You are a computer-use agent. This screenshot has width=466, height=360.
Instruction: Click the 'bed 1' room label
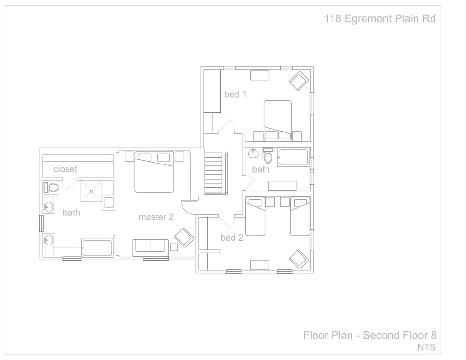pyautogui.click(x=235, y=94)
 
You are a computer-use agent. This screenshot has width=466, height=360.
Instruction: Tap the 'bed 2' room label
pyautogui.click(x=232, y=237)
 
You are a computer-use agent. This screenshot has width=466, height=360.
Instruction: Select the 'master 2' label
pyautogui.click(x=156, y=217)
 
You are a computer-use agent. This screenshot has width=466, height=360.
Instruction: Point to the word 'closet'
pyautogui.click(x=65, y=169)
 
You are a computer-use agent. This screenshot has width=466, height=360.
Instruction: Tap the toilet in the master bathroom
pyautogui.click(x=51, y=187)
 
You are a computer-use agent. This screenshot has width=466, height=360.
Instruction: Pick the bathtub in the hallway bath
pyautogui.click(x=293, y=158)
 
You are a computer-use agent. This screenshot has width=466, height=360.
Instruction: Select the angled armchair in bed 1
pyautogui.click(x=299, y=81)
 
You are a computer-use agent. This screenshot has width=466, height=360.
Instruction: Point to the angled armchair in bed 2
pyautogui.click(x=299, y=259)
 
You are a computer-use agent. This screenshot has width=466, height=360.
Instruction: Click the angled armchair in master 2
pyautogui.click(x=184, y=237)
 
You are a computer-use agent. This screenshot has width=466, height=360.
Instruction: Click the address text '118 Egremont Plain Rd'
pyautogui.click(x=380, y=19)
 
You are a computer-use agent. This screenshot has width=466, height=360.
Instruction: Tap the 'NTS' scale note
pyautogui.click(x=426, y=347)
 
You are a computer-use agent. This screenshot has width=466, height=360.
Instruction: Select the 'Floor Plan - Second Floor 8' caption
pyautogui.click(x=370, y=335)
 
